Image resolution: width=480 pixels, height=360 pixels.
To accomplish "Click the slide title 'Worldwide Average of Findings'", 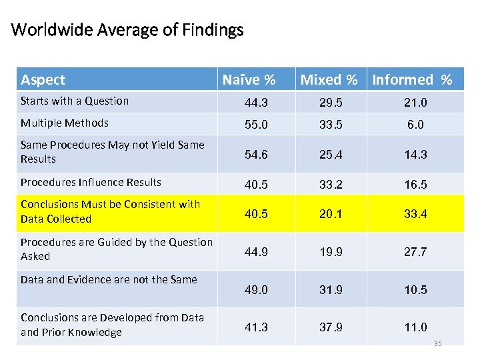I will coord(127,30).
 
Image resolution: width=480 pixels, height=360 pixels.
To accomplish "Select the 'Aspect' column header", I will coord(43,80).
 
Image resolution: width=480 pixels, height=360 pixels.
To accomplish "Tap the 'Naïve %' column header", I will coord(249,80).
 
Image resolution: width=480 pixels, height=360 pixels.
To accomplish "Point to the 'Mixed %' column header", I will coord(329,80).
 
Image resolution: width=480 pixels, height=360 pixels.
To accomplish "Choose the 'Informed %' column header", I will coord(412,80).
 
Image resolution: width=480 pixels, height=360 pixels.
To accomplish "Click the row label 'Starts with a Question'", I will coord(75,101).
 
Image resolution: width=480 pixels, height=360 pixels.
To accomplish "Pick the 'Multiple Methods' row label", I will coord(65,123).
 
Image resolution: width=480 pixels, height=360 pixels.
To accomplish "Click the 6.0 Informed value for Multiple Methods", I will coord(415,125).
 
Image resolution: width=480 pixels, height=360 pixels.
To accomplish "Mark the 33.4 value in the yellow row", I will coord(415,214).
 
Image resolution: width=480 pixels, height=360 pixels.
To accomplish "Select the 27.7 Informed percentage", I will coord(415,252).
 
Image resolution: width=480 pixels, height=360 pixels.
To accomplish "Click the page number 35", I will coord(437,343).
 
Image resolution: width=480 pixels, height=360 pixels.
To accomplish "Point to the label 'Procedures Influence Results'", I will coord(91,182).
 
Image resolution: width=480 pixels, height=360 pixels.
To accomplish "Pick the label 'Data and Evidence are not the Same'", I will coord(109,279).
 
